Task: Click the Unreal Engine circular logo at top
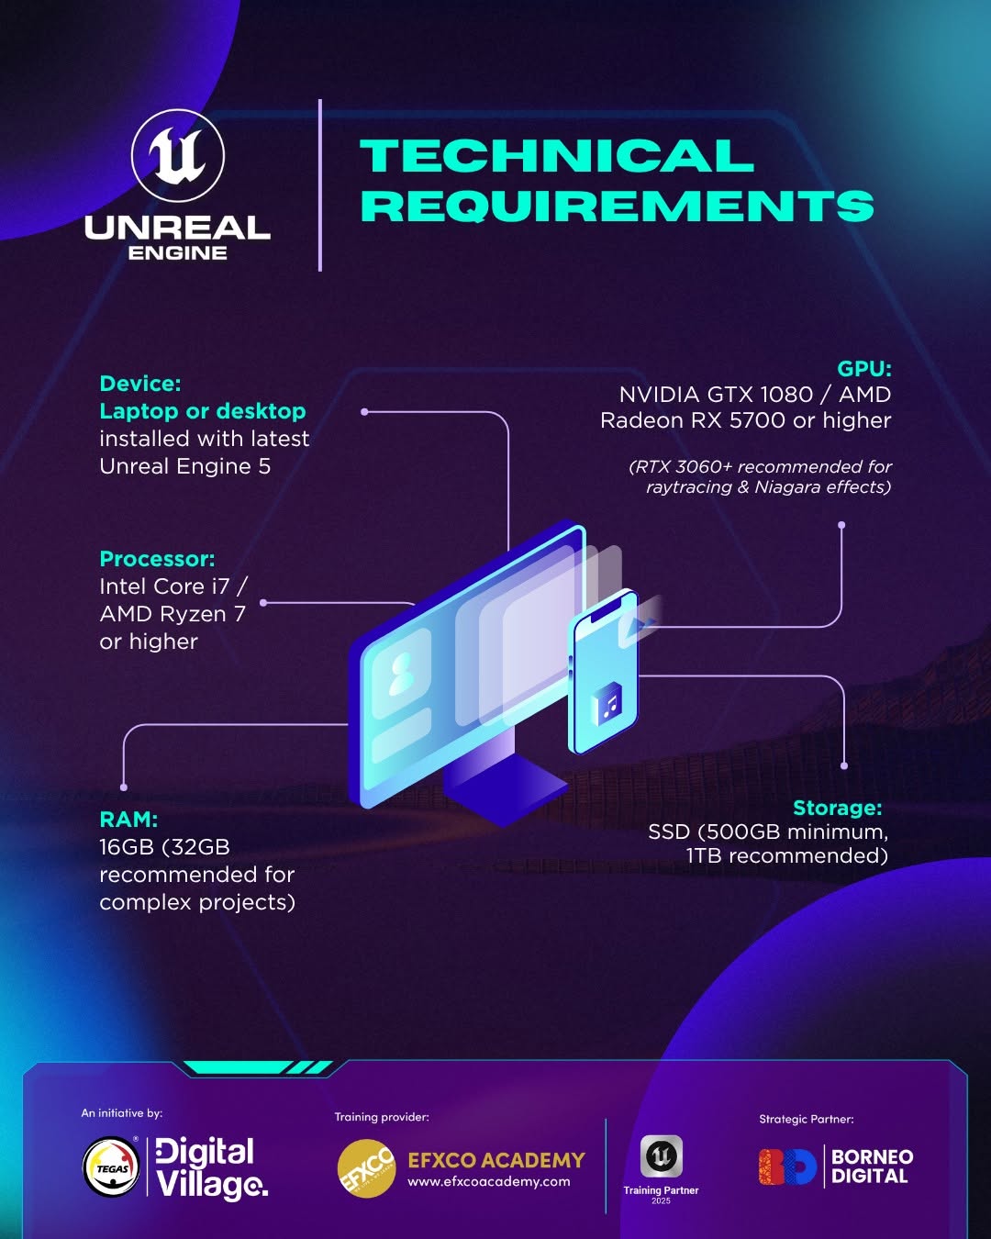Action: tap(178, 155)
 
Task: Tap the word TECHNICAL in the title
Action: tap(557, 155)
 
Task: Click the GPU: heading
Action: tap(863, 369)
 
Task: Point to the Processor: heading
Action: tap(157, 559)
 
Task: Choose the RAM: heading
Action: tap(128, 819)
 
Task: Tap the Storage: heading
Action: tap(837, 808)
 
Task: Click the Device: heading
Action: tap(139, 384)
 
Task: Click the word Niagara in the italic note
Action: tap(787, 487)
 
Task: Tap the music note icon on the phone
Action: tap(607, 704)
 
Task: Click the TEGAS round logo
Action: tap(111, 1166)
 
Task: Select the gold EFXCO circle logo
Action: tap(366, 1168)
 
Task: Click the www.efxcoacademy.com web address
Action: tap(489, 1181)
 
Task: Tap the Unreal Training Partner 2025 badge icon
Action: tap(661, 1155)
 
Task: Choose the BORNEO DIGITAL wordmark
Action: tap(872, 1166)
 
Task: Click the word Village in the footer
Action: tap(212, 1184)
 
